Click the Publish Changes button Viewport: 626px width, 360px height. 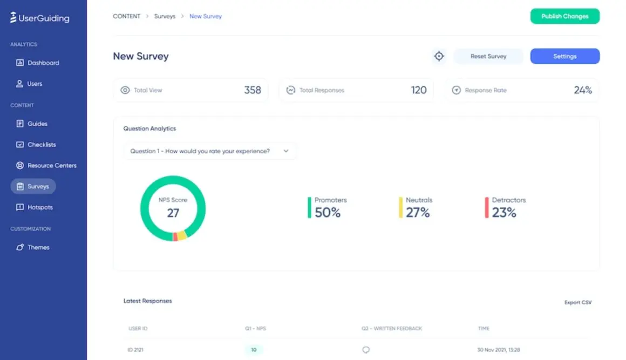(564, 16)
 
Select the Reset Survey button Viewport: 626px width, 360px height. (488, 56)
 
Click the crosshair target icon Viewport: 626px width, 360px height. (439, 56)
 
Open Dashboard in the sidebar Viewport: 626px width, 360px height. (43, 63)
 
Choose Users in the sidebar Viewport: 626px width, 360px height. (35, 84)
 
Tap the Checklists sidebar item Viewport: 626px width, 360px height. (42, 145)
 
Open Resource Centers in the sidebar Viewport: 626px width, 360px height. (52, 166)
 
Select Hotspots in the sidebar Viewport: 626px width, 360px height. (40, 207)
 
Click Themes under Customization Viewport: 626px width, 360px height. (38, 247)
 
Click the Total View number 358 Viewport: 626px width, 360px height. (253, 90)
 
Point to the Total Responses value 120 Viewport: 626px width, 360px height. (419, 90)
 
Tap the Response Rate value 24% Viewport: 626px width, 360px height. (583, 90)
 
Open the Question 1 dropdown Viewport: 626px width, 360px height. (210, 151)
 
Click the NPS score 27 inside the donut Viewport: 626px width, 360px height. (173, 213)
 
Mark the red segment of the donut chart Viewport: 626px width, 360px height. (175, 237)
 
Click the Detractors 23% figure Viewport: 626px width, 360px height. (504, 213)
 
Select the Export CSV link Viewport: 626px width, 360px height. (578, 302)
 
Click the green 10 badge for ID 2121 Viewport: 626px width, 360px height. (254, 350)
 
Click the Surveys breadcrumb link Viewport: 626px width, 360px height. (165, 16)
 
